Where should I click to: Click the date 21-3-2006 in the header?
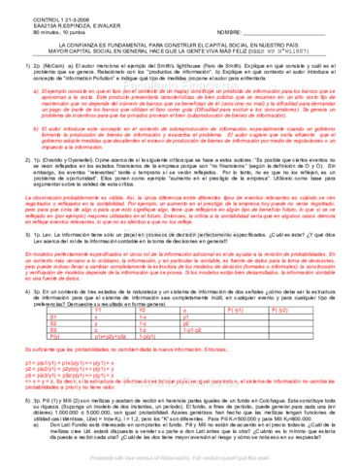click(x=40, y=6)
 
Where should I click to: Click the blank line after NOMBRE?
click(x=291, y=20)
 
